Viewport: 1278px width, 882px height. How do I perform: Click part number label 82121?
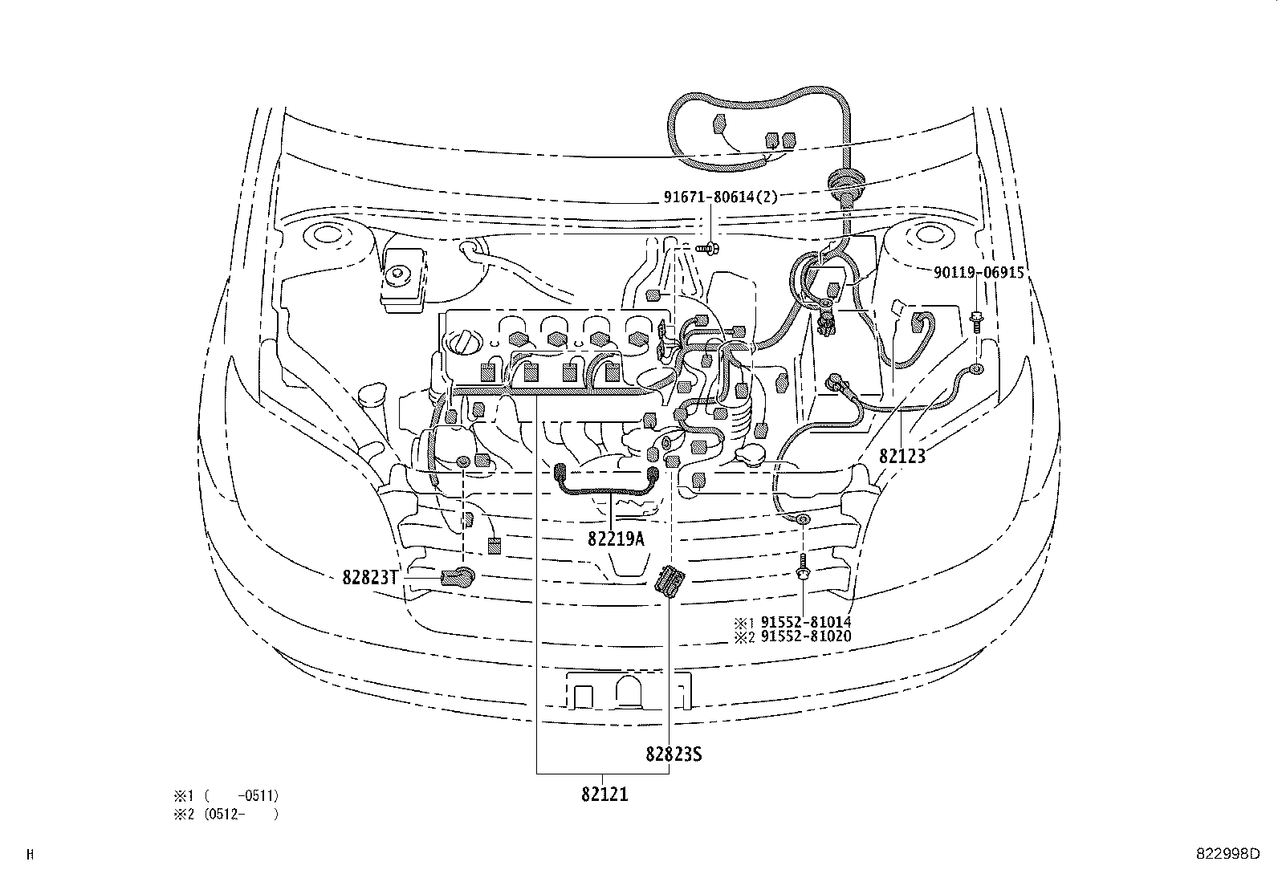click(604, 795)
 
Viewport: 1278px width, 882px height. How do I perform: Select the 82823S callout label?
click(674, 754)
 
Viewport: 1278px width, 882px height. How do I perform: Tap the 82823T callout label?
click(370, 577)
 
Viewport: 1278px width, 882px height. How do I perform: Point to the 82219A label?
click(616, 539)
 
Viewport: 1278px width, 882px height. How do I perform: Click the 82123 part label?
click(902, 457)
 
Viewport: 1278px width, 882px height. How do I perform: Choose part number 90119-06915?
click(979, 273)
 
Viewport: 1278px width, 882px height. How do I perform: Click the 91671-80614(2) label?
click(720, 196)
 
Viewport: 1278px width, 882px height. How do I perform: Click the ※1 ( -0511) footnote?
click(226, 796)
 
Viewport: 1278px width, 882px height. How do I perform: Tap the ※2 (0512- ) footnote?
click(226, 814)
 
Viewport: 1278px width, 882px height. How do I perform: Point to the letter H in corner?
click(31, 855)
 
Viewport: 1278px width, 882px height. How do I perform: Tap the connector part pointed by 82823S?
click(668, 581)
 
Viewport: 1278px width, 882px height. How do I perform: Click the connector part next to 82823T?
click(458, 575)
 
